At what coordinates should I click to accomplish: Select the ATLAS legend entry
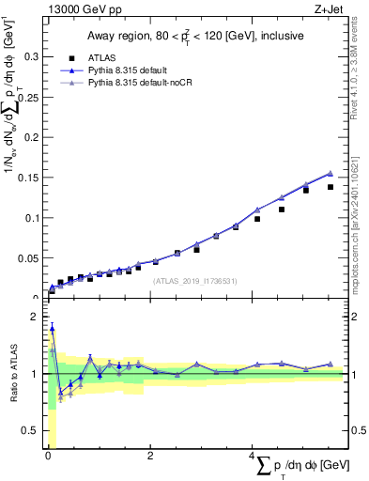click(109, 56)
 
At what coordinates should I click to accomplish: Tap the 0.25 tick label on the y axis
click(28, 97)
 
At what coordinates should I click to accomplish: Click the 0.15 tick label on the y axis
click(28, 178)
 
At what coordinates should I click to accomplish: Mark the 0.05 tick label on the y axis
click(28, 257)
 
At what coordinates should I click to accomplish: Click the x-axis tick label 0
click(47, 457)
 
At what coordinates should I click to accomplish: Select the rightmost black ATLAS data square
click(331, 187)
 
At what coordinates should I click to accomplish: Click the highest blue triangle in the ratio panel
click(52, 328)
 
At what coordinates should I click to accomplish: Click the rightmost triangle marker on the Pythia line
click(331, 173)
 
